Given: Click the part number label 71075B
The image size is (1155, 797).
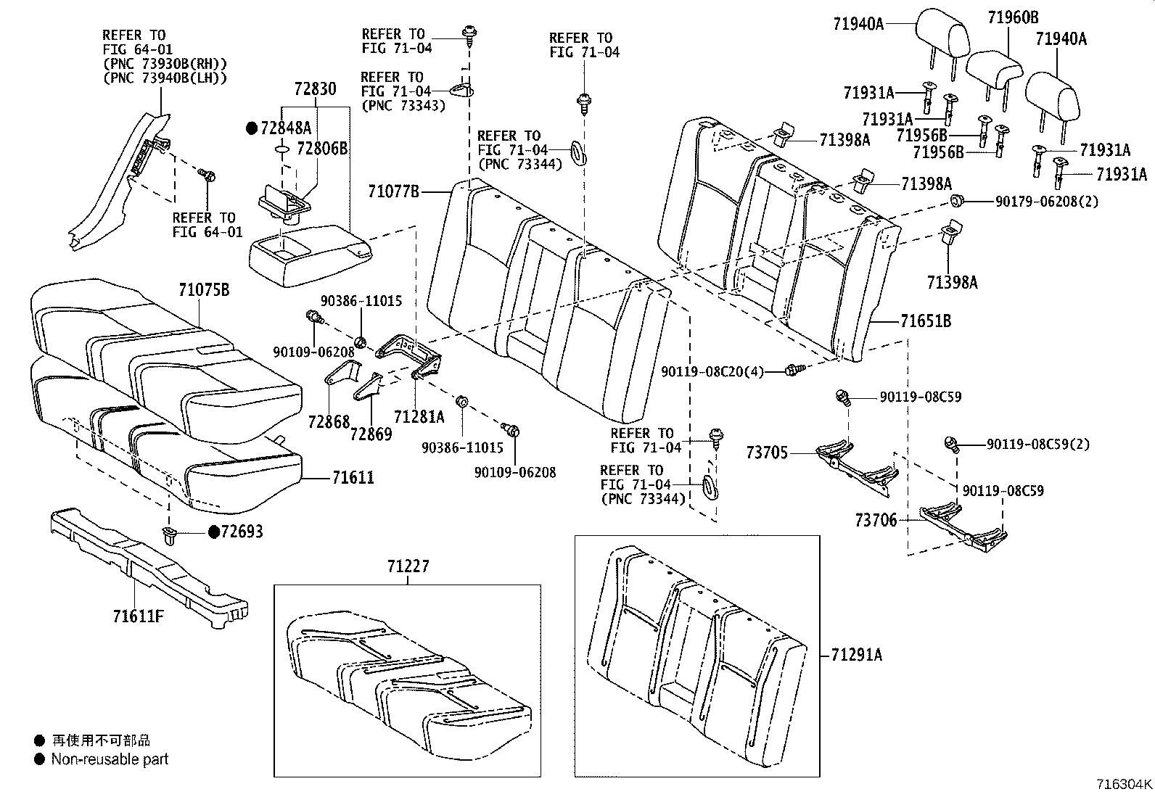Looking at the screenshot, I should pos(204,290).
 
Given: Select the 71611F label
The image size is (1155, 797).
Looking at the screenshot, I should pos(138,616).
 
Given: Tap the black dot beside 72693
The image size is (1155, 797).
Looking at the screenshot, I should pos(214,532).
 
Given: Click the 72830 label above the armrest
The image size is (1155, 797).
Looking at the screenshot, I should pos(315,89).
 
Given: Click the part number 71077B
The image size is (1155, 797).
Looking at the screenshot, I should pos(394,191).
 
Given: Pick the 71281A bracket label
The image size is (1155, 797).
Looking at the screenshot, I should pos(419,417).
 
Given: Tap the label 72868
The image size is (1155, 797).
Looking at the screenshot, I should pos(329,422).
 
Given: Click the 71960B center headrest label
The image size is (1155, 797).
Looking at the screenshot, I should pos(1012,17).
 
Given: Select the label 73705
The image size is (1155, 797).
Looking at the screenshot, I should pos(767,453).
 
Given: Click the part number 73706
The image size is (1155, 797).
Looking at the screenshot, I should pos(876,520).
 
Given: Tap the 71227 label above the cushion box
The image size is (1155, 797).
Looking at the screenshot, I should pos(407,566).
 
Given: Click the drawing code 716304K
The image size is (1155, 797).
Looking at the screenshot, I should pos(1124,784).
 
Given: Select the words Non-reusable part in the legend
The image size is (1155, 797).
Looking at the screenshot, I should pos(110,759).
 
